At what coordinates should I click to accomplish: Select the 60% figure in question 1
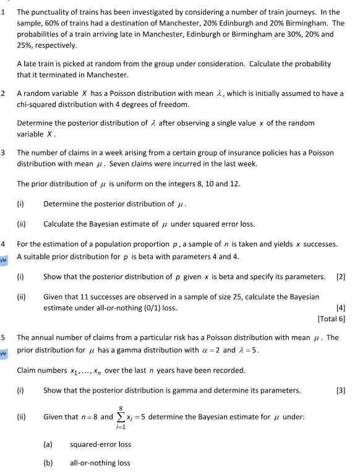pyautogui.click(x=51, y=23)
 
